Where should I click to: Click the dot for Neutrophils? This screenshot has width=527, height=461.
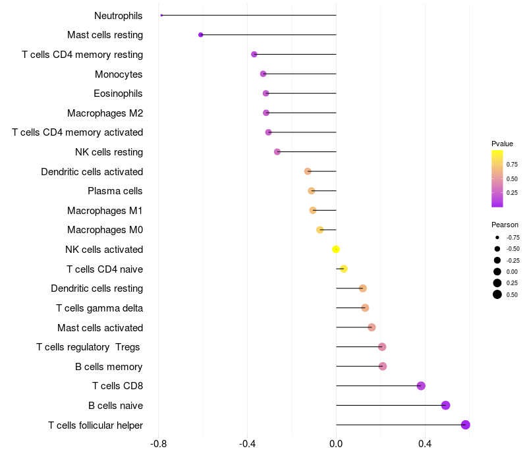pyautogui.click(x=161, y=15)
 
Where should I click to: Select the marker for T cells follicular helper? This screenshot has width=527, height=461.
pyautogui.click(x=466, y=425)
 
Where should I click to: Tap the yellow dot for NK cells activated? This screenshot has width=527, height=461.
pyautogui.click(x=336, y=250)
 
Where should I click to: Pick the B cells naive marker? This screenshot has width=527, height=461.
pyautogui.click(x=445, y=406)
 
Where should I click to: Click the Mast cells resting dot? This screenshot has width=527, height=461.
pyautogui.click(x=201, y=35)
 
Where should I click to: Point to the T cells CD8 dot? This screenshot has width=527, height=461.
pyautogui.click(x=421, y=386)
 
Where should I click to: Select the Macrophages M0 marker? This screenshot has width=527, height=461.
pyautogui.click(x=320, y=230)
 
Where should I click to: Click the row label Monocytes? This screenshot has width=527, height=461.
pyautogui.click(x=119, y=74)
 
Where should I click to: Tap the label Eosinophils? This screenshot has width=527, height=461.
pyautogui.click(x=119, y=94)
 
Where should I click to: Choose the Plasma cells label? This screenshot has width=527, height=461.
pyautogui.click(x=115, y=191)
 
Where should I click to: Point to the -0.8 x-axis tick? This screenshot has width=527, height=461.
pyautogui.click(x=158, y=444)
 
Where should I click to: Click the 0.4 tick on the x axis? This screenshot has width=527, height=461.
pyautogui.click(x=425, y=444)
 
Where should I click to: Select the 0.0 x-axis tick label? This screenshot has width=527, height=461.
pyautogui.click(x=336, y=444)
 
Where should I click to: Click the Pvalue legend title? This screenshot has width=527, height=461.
pyautogui.click(x=502, y=144)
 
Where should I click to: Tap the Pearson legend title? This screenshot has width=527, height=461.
pyautogui.click(x=505, y=225)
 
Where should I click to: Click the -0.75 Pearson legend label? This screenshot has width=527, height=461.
pyautogui.click(x=513, y=237)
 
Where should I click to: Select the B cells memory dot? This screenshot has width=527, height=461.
pyautogui.click(x=383, y=366)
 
